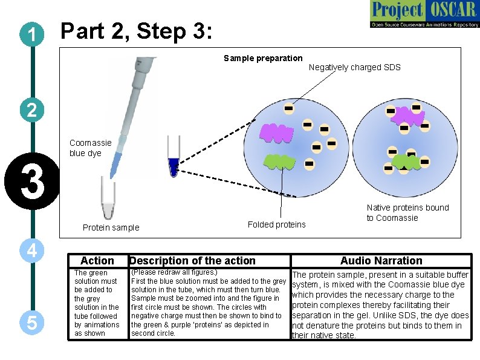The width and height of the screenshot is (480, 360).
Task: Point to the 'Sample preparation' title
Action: click(x=263, y=58)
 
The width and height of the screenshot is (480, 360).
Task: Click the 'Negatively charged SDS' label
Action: click(x=354, y=67)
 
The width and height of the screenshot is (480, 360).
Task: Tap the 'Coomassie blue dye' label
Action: click(x=90, y=148)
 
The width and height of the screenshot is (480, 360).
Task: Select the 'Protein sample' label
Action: click(x=111, y=227)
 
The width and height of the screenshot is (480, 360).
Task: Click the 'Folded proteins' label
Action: click(x=276, y=224)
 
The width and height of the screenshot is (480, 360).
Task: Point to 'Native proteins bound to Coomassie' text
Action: click(x=407, y=212)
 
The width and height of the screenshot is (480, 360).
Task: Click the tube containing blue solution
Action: click(x=174, y=159)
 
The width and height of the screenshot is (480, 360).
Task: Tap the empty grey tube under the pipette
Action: click(x=108, y=202)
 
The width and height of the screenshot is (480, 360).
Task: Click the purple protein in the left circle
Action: click(x=276, y=133)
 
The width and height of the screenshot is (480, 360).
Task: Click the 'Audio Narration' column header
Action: click(x=381, y=261)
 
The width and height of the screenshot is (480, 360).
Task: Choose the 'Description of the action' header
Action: click(x=192, y=261)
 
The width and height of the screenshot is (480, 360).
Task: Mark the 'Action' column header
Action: click(x=97, y=261)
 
